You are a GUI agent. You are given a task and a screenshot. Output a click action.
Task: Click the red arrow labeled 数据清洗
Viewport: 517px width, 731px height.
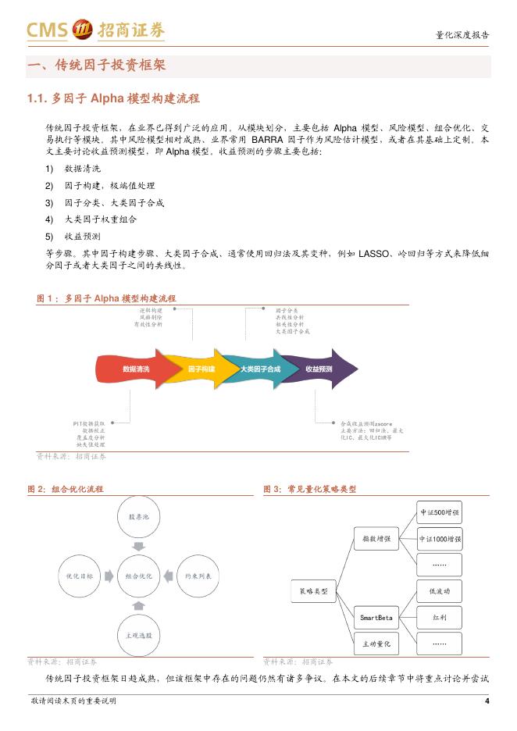coord(137,369)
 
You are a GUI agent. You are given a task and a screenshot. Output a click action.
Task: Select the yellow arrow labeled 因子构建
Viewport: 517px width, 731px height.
coord(201,369)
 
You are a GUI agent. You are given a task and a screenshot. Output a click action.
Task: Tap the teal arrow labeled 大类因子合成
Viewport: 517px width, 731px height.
coord(258,369)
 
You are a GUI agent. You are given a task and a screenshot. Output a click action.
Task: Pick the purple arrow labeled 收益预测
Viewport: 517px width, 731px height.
coord(319,369)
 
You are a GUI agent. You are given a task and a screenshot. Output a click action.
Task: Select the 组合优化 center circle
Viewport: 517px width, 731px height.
coord(138,576)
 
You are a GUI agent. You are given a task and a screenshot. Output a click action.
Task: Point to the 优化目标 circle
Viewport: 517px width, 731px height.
coord(80,576)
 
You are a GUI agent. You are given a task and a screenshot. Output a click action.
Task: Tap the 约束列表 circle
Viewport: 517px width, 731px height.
coord(197,576)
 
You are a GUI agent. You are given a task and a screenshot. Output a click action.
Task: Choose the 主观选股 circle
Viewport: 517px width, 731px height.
coord(138,635)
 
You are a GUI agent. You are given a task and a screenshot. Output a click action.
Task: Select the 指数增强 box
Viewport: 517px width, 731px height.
coord(376,538)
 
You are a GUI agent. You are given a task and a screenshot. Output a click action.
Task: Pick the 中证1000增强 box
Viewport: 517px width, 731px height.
coord(439,539)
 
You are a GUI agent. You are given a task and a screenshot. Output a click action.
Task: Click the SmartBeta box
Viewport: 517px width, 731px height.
coord(376,618)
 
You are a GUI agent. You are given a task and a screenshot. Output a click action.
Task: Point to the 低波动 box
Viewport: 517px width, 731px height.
coord(439,590)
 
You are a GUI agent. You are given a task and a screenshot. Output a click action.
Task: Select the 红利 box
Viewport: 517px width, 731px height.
coord(439,617)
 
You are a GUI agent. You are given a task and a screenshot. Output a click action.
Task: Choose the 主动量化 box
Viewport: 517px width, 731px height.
coord(376,644)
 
